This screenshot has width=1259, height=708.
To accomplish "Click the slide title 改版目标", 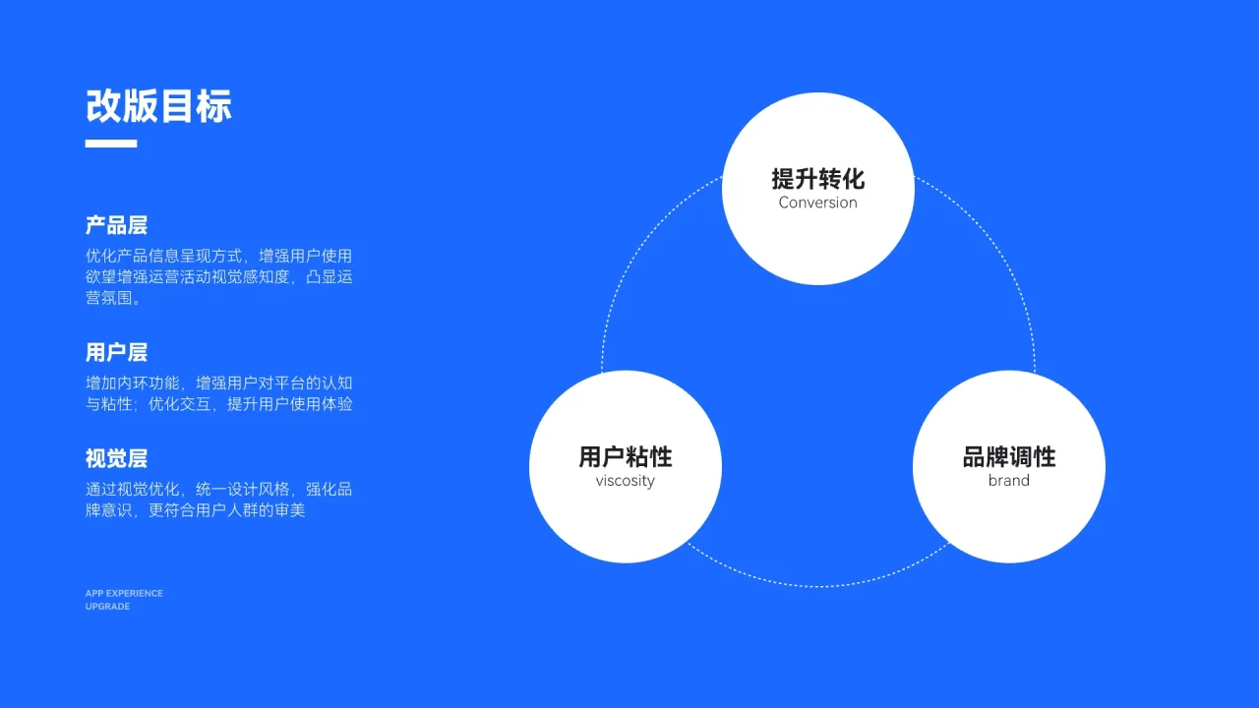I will click(x=158, y=106).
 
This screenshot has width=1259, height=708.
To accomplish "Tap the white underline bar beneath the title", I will click(x=110, y=144).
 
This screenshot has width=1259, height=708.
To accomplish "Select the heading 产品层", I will click(x=116, y=225).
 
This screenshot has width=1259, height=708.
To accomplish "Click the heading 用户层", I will click(x=116, y=352).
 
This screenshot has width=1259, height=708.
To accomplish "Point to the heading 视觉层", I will click(x=116, y=458).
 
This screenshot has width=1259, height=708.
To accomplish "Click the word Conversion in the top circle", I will click(x=817, y=203).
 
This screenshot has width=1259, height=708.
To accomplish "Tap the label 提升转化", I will click(x=817, y=178).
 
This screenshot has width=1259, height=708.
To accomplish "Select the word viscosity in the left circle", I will click(x=625, y=481).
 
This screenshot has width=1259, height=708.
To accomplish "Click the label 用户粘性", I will click(x=625, y=456).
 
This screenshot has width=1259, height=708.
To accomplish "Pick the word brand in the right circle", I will click(x=1008, y=481).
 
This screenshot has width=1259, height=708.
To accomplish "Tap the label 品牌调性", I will click(x=1008, y=456).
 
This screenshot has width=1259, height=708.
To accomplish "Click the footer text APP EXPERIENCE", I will click(x=124, y=593).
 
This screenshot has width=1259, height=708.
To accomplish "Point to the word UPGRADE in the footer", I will click(x=107, y=607).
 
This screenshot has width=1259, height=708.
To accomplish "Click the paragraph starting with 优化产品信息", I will click(x=218, y=276).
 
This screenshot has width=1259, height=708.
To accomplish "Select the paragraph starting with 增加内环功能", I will click(x=218, y=392).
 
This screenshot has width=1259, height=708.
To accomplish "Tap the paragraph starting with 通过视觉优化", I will click(x=218, y=500).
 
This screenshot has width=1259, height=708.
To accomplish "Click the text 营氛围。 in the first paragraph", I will click(x=114, y=298).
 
